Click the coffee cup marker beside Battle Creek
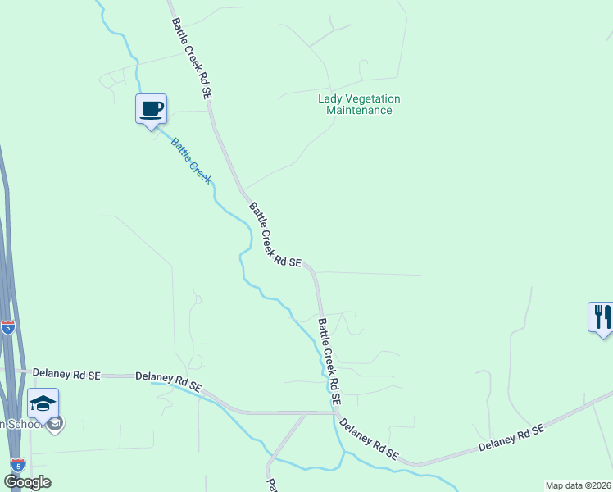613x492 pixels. tap(151, 108)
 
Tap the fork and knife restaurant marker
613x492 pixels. tap(601, 317)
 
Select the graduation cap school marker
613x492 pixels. tap(43, 403)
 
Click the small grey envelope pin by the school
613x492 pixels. tap(56, 424)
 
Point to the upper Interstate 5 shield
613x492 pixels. tap(8, 327)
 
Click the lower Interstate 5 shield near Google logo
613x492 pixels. tap(17, 464)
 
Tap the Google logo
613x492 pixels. tap(27, 482)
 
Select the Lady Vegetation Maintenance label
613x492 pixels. tap(359, 104)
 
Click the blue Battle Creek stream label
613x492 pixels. tap(191, 160)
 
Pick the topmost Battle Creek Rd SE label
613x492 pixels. tap(192, 61)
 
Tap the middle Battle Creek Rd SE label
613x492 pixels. tap(274, 236)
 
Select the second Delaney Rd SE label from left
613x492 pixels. tap(169, 380)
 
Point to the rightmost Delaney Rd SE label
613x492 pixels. tap(511, 440)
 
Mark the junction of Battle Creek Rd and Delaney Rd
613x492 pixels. tap(336, 412)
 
